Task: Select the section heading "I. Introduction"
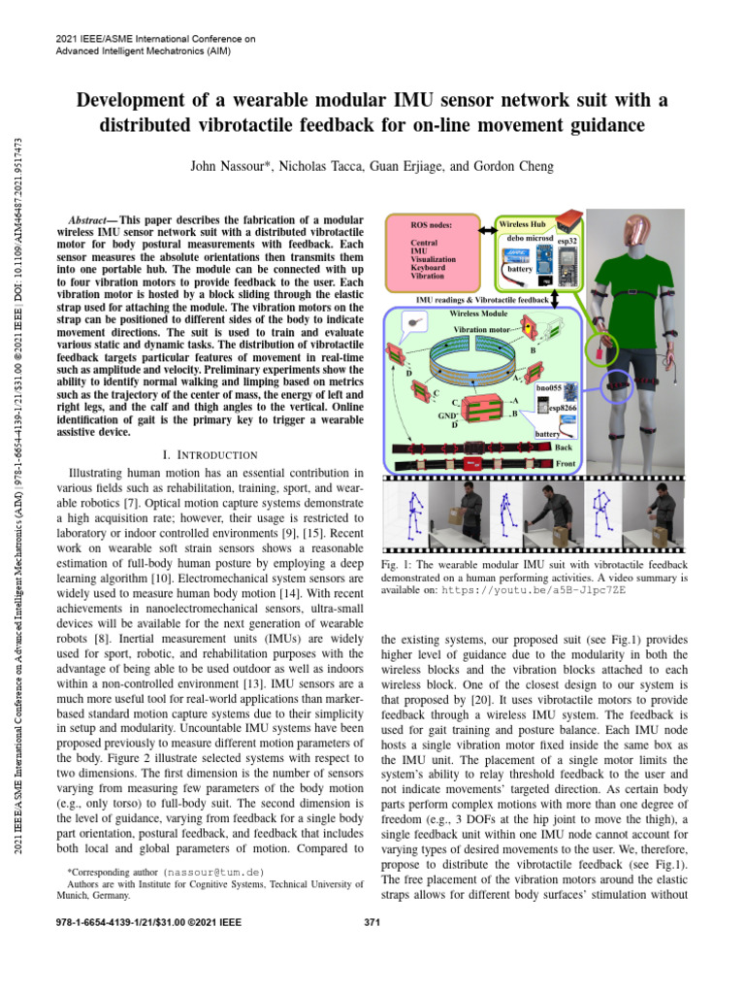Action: (211, 455)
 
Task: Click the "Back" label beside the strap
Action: (563, 447)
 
